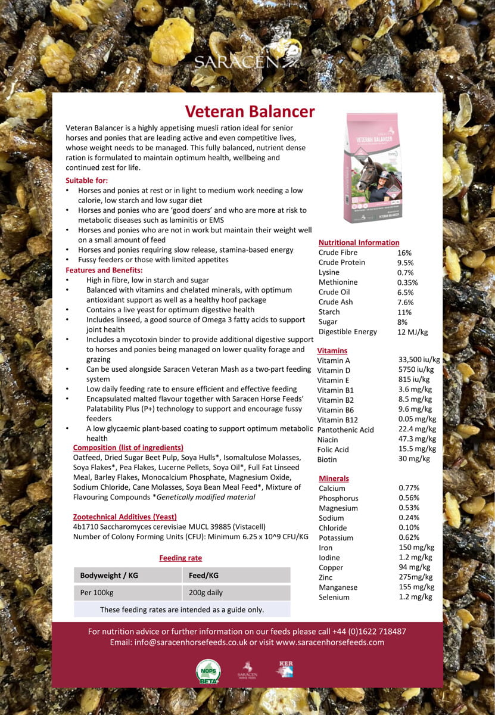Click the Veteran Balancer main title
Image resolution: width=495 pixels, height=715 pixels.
click(250, 111)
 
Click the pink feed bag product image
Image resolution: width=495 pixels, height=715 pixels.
click(373, 168)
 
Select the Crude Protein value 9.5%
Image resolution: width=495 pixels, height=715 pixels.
click(405, 262)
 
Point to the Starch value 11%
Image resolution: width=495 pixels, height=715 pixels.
click(404, 312)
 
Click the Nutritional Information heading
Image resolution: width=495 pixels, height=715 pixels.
click(359, 243)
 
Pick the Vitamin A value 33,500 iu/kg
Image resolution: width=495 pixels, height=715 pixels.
click(419, 360)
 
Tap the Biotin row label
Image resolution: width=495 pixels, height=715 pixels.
click(327, 459)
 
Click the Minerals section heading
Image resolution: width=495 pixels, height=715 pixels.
click(334, 478)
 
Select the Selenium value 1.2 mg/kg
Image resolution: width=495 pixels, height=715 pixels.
click(415, 596)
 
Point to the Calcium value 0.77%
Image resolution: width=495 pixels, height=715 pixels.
click(409, 488)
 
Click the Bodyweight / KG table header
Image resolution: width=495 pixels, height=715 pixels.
click(109, 575)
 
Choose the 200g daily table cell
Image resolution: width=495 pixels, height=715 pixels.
click(206, 593)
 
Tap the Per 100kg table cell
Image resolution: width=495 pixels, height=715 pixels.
click(96, 593)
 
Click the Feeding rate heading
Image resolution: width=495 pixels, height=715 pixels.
click(180, 558)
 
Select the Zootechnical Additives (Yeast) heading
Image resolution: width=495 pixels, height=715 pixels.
click(124, 517)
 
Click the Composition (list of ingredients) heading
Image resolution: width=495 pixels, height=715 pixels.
click(128, 447)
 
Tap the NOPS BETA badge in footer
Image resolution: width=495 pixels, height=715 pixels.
click(208, 672)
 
